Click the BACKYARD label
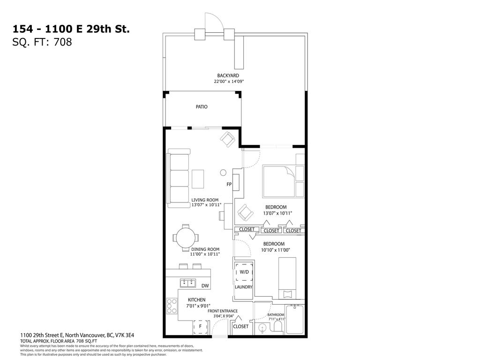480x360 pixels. (228, 75)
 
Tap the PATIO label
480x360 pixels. (202, 107)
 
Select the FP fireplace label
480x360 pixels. (229, 184)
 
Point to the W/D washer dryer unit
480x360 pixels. (244, 272)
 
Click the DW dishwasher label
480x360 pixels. (205, 285)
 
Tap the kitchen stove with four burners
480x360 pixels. (171, 307)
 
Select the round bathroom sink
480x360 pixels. (262, 327)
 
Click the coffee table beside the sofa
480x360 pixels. (198, 179)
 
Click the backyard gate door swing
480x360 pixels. (211, 22)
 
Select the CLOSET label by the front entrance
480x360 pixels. (240, 326)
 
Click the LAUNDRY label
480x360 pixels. (244, 287)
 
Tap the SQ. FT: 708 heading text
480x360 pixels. (42, 42)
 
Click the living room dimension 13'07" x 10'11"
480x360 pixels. (205, 205)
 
